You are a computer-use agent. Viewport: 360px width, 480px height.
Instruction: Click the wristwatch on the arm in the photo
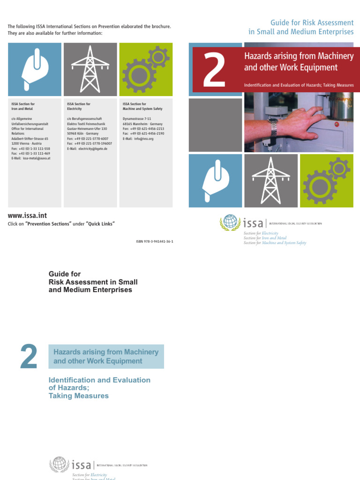tap(273, 125)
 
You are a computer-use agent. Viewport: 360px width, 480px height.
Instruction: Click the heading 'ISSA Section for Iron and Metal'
tap(23, 106)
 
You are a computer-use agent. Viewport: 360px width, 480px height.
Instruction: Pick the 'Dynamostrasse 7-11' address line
tap(137, 119)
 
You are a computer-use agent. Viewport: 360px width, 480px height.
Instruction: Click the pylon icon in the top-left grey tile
tap(90, 69)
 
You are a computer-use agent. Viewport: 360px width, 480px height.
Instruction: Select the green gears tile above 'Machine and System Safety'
tap(146, 69)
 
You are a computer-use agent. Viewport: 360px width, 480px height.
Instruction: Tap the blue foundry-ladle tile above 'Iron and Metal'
tap(34, 69)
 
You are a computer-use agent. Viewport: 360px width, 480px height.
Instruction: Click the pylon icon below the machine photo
tap(271, 180)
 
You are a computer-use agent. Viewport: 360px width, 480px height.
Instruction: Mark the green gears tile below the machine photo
tap(327, 180)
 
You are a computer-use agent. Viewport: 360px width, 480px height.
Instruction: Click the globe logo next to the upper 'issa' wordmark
tap(229, 222)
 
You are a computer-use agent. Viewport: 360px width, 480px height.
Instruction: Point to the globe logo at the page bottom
tap(59, 465)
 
